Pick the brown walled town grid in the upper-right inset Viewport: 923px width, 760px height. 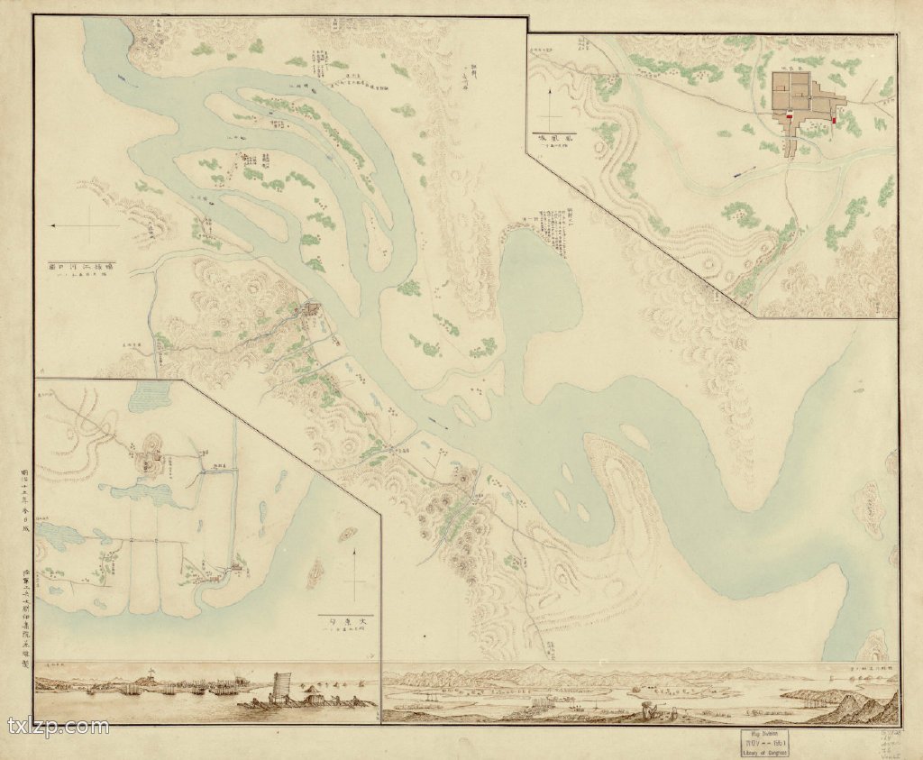pyautogui.click(x=797, y=99)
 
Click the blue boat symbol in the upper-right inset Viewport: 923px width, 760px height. pyautogui.click(x=740, y=173)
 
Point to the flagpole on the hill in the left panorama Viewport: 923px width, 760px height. pyautogui.click(x=151, y=672)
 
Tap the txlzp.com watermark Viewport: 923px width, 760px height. pyautogui.click(x=58, y=727)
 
